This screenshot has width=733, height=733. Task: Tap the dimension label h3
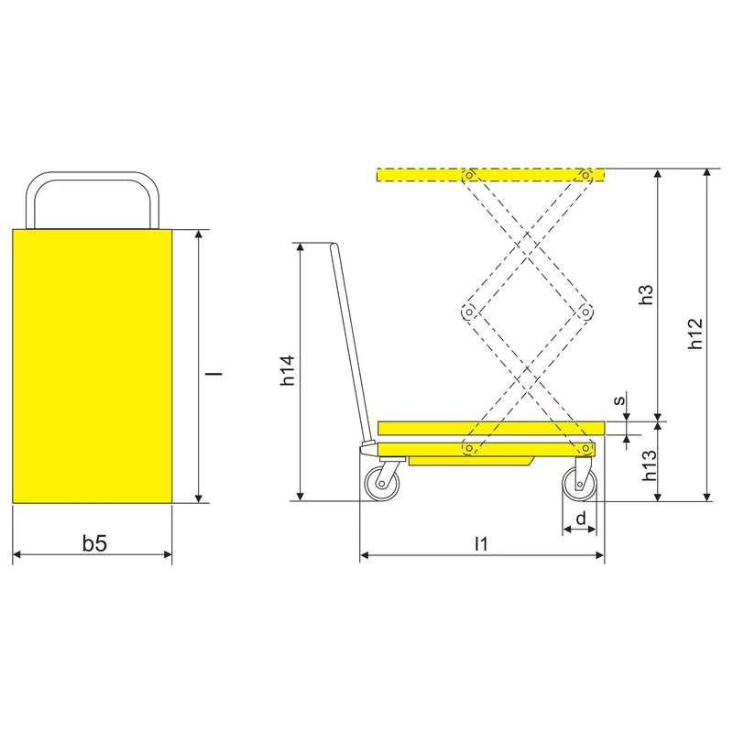tap(647, 295)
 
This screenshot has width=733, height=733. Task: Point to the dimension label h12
tap(695, 334)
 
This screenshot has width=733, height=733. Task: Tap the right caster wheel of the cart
tap(581, 483)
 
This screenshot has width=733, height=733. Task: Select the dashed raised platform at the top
tap(490, 174)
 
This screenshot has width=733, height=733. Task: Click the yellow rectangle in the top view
tap(93, 366)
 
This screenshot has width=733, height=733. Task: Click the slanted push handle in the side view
tap(346, 348)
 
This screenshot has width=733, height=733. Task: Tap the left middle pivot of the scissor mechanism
tap(468, 312)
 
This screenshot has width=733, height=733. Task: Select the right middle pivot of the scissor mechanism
tap(584, 312)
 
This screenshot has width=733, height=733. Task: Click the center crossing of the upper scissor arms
tap(526, 244)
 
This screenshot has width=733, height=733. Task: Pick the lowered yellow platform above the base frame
tap(490, 428)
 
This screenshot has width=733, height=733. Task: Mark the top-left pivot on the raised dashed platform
tap(468, 174)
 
